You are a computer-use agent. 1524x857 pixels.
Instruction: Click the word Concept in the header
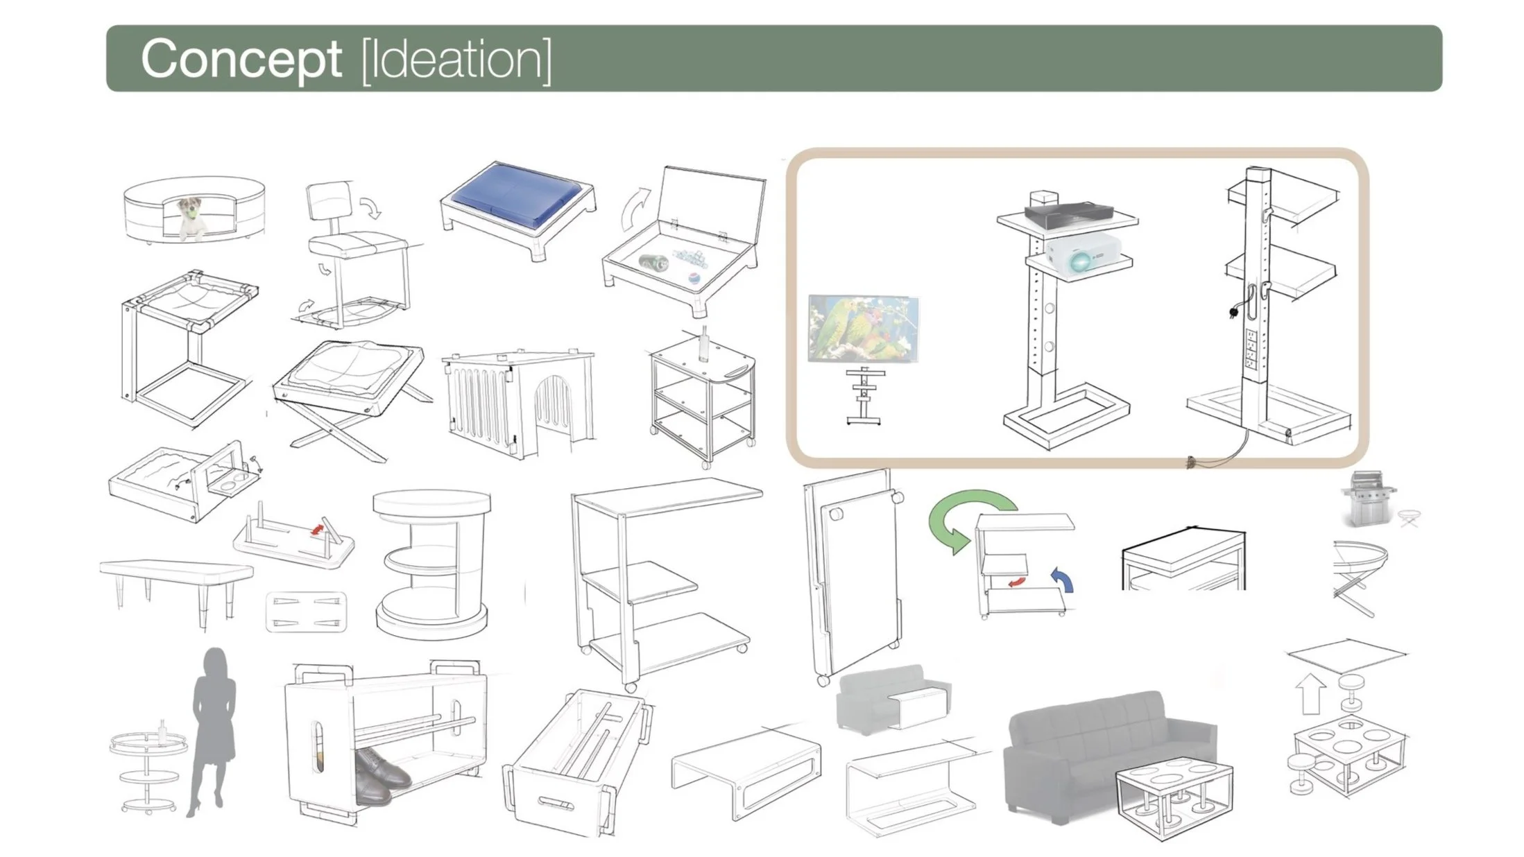pos(241,60)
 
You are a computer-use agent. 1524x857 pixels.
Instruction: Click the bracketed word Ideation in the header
pos(456,61)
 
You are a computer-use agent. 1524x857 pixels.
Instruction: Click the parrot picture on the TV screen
pos(864,328)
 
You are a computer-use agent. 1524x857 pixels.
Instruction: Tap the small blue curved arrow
pos(1063,580)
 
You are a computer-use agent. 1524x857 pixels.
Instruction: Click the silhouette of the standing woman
pos(214,728)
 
